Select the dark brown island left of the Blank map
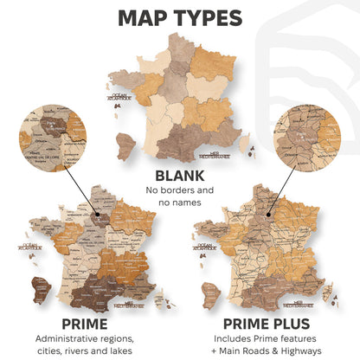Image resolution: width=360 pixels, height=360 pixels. coord(126,142)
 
